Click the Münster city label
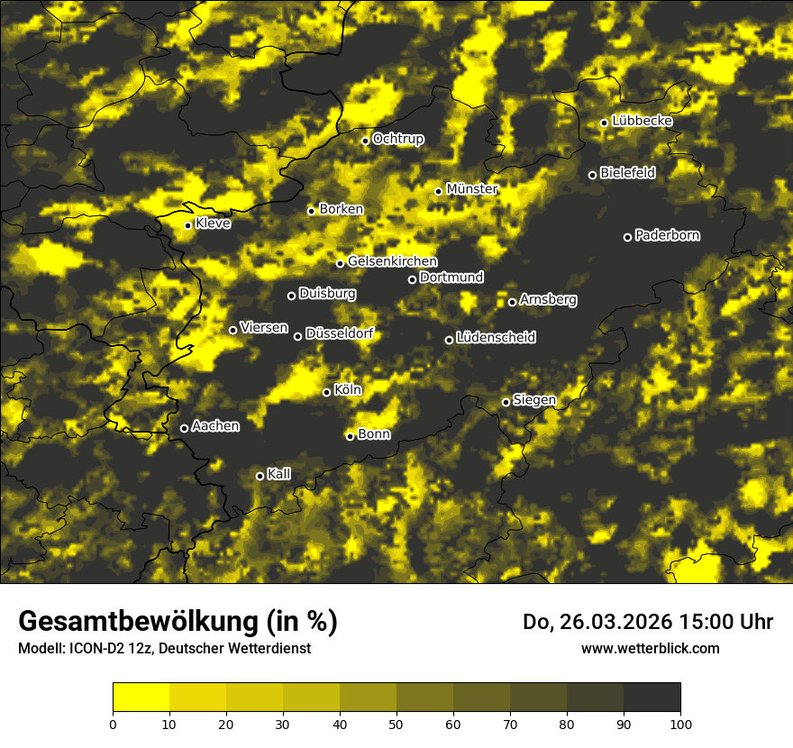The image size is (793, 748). [x=472, y=189]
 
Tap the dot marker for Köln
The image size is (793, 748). [x=326, y=392]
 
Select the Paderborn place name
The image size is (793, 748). [x=668, y=235]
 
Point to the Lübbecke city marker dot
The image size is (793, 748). [x=604, y=123]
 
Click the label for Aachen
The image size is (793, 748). [x=215, y=426]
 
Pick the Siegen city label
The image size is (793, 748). [x=534, y=400]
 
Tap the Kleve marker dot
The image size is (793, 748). [x=187, y=225]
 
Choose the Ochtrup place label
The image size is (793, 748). [x=398, y=139]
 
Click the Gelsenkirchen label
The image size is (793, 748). [x=392, y=261]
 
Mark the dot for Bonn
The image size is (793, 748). [x=350, y=436]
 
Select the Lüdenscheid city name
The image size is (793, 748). [x=497, y=338]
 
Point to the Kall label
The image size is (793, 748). [x=279, y=474]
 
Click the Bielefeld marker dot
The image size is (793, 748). [x=592, y=175]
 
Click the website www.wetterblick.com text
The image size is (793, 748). [x=651, y=648]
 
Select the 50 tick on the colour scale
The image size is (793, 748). [x=396, y=723]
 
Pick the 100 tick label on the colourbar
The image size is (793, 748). [x=680, y=723]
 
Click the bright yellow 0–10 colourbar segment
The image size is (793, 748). [x=141, y=697]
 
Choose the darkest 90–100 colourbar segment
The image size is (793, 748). [x=652, y=697]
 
